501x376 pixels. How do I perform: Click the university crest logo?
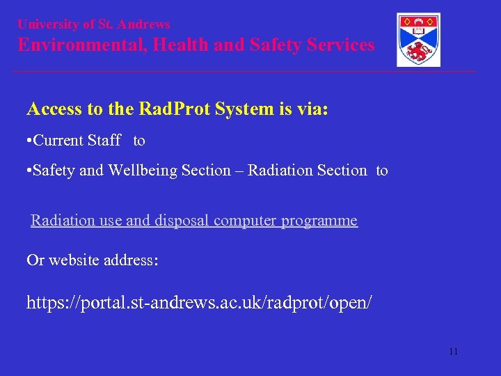click(x=418, y=40)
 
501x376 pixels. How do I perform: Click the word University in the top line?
click(x=47, y=24)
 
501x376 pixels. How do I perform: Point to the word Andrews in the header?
click(x=144, y=24)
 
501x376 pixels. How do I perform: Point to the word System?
click(x=236, y=109)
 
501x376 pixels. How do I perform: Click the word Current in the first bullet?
click(x=59, y=141)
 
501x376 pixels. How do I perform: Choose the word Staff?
click(x=104, y=141)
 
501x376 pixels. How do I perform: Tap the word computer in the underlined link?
click(x=245, y=221)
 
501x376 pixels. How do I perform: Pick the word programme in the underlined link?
click(x=319, y=221)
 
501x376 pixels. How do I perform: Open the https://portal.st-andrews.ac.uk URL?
click(x=199, y=303)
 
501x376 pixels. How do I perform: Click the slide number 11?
click(x=453, y=352)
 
